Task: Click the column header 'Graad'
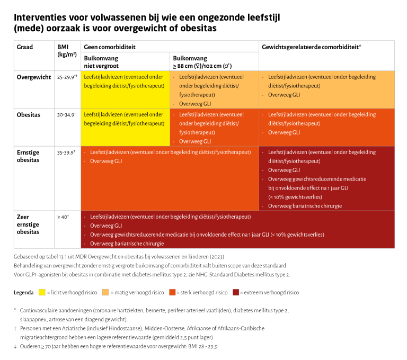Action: [25, 47]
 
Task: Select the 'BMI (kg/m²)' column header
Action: [66, 50]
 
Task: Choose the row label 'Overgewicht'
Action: [33, 77]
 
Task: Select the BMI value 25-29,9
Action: [66, 77]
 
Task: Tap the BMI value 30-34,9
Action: [66, 114]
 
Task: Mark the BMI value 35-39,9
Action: [66, 152]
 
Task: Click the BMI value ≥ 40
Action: [63, 217]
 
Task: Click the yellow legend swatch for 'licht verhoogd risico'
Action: [42, 292]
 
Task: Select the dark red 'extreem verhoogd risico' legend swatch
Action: [235, 292]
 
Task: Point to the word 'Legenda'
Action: [23, 292]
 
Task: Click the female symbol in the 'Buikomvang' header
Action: [213, 66]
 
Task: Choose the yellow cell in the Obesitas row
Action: [125, 127]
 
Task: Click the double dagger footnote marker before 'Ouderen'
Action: [16, 347]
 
